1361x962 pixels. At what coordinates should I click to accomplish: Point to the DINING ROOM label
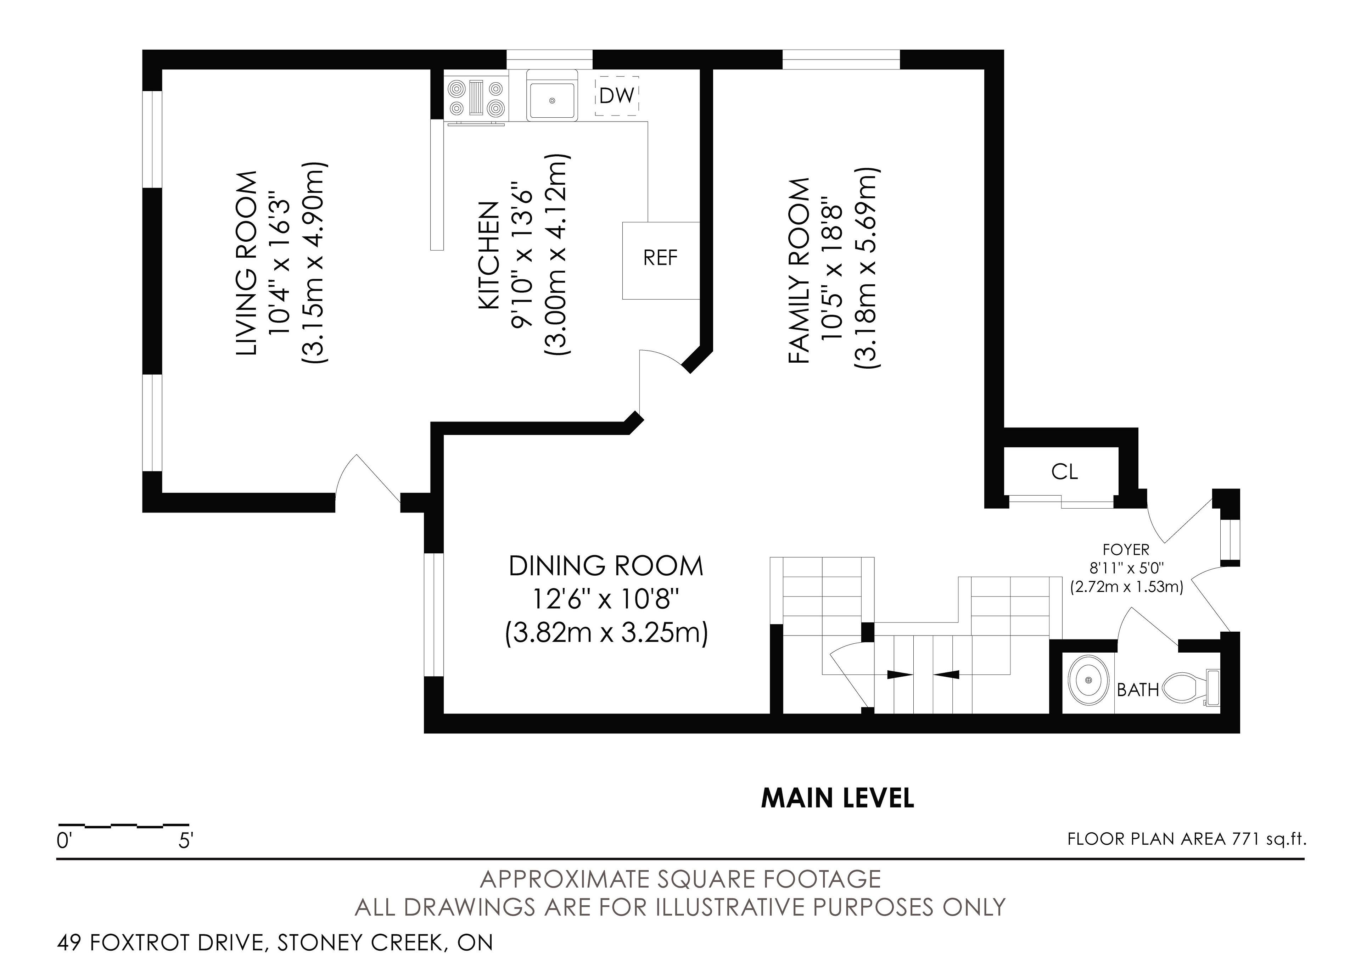coord(606,566)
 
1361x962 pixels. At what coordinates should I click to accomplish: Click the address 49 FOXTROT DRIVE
coord(160,943)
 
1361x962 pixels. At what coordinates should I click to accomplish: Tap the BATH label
coord(1137,689)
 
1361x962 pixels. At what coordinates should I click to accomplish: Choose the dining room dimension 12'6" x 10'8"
coord(606,600)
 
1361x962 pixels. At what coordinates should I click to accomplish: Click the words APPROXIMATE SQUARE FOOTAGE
coord(680,879)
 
